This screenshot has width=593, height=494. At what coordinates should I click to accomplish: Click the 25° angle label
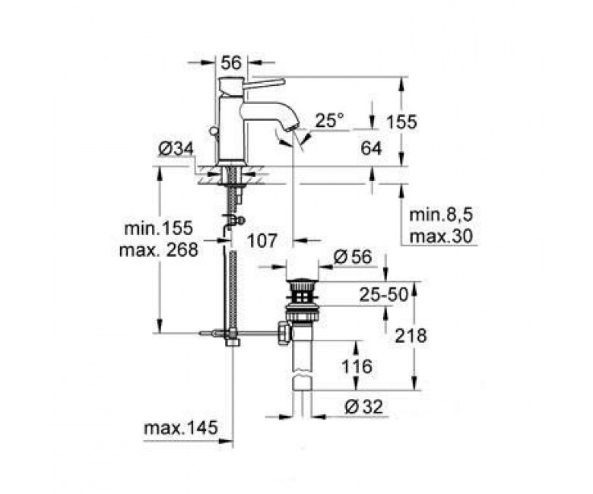coord(329,120)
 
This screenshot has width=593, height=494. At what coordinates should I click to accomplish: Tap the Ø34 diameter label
coord(176,149)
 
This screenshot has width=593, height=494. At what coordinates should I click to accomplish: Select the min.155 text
coord(158,228)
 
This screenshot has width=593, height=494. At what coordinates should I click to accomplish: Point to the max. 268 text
coord(158,249)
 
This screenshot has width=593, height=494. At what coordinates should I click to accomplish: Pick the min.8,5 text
coord(442,215)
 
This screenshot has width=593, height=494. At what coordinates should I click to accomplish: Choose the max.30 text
coord(442,236)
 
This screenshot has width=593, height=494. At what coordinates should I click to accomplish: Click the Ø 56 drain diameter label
coord(353,257)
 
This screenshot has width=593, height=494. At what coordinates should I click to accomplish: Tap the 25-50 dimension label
coord(384,294)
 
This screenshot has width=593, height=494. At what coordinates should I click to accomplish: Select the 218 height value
coord(411,335)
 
